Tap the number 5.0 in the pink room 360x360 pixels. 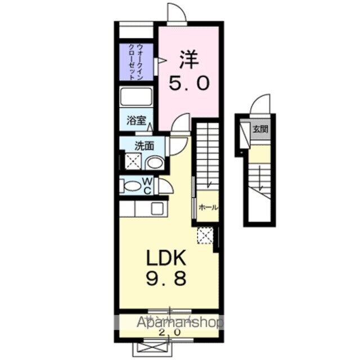[190, 84]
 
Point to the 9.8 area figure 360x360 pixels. [166, 279]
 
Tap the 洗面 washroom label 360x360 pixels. [145, 146]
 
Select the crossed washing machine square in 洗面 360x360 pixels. [133, 163]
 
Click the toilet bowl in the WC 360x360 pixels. [133, 186]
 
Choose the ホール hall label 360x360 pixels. [207, 208]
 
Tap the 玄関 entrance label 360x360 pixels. [260, 129]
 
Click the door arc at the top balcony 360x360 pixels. [175, 12]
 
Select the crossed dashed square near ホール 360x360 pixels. [204, 236]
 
